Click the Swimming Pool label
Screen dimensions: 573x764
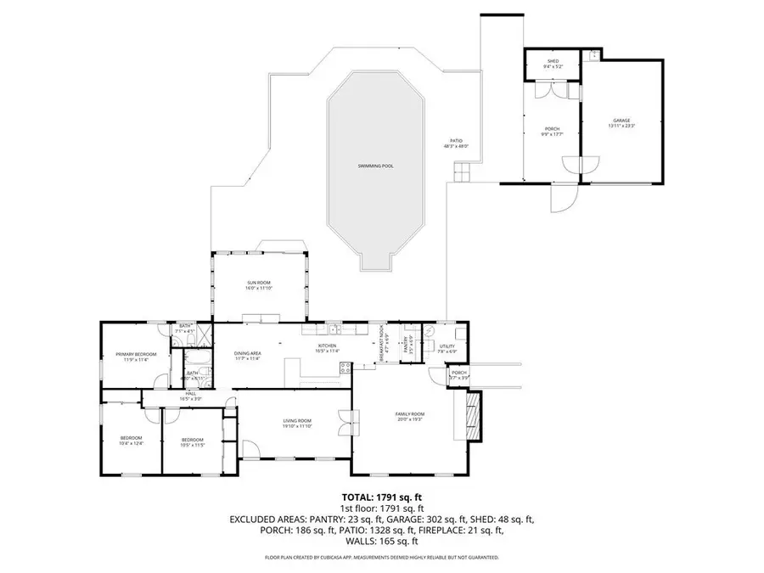point(375,166)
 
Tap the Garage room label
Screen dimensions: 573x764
point(621,121)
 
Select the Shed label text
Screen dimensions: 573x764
point(552,62)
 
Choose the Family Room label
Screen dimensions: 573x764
point(410,413)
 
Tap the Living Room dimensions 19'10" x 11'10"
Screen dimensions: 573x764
point(297,426)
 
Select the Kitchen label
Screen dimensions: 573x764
point(328,345)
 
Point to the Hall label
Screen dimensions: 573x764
point(191,393)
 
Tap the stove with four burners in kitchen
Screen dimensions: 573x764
point(345,368)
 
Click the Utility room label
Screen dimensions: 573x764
point(447,345)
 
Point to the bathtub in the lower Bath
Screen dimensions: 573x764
point(177,374)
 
